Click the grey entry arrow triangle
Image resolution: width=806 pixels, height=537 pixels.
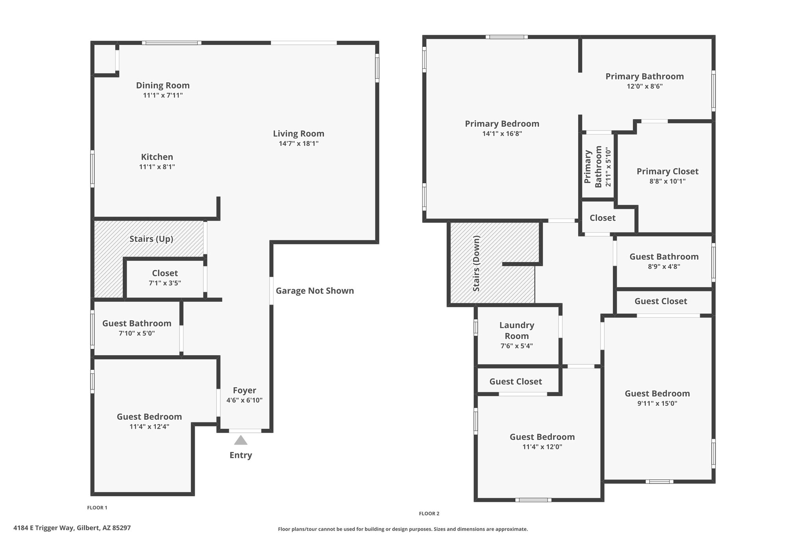(240, 440)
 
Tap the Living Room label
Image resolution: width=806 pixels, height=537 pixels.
(299, 133)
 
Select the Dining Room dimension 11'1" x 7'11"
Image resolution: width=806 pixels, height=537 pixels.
(163, 95)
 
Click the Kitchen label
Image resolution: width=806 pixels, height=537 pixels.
(157, 157)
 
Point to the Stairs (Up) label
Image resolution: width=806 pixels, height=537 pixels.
(152, 239)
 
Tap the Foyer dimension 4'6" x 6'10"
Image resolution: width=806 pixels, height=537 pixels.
(244, 400)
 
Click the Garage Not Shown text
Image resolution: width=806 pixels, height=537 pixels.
(315, 291)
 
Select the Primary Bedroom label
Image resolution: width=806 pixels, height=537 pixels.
(502, 124)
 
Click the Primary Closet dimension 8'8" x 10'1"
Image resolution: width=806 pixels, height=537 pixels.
(667, 181)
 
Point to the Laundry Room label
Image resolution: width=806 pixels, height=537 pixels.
(517, 330)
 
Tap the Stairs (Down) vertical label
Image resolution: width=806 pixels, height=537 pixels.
(477, 264)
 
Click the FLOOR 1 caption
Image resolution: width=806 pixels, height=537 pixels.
(97, 507)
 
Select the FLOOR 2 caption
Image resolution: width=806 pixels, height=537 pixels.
(429, 513)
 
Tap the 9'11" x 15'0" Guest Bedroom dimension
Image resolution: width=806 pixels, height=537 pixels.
(657, 403)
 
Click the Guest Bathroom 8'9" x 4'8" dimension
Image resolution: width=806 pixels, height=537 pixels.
(664, 266)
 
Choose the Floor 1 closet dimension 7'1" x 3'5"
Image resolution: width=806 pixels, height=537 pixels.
(165, 283)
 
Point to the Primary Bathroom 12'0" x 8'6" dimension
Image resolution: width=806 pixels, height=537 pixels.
(645, 86)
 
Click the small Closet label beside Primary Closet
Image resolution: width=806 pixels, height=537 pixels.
(603, 218)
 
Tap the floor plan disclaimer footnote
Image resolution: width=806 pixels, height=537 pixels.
(403, 529)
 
